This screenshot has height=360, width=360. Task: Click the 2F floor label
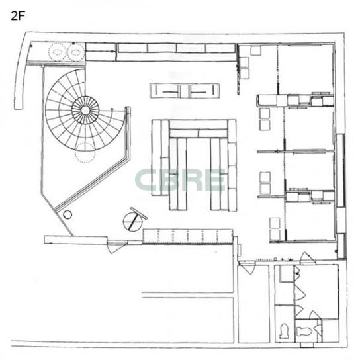[x=17, y=16]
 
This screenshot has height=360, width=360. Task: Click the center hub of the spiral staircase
[x=85, y=111]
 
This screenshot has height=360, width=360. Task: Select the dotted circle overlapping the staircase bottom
[x=85, y=153]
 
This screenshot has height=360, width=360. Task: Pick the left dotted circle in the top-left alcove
[x=57, y=52]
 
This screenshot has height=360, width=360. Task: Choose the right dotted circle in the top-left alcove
[x=76, y=52]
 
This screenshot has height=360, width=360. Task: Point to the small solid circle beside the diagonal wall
[x=67, y=215]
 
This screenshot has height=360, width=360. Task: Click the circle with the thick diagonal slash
[x=133, y=221]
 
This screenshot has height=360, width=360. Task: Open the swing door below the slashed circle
[x=116, y=247]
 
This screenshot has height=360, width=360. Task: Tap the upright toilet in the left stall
[x=285, y=331]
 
